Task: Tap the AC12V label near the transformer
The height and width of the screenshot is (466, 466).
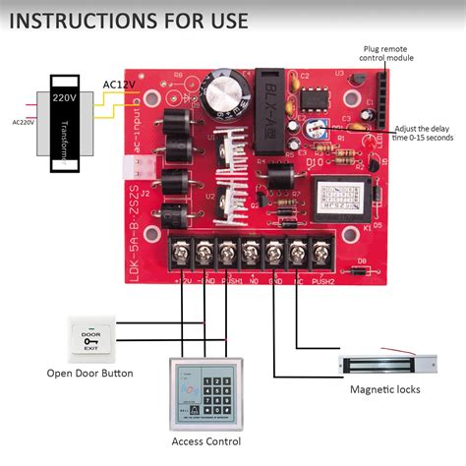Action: (x=120, y=85)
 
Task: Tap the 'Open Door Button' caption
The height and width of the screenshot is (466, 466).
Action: (x=89, y=373)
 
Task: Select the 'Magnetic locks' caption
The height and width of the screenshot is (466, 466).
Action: (x=385, y=390)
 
